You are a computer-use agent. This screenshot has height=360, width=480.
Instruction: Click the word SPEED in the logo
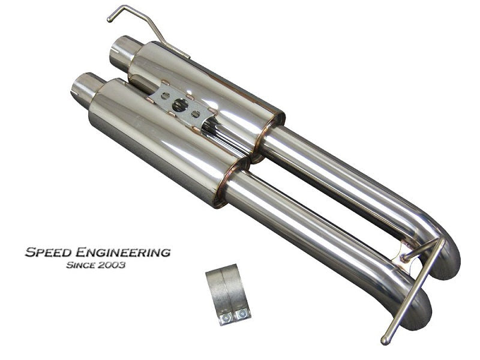49,252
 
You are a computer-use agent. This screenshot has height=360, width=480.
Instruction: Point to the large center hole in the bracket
179,106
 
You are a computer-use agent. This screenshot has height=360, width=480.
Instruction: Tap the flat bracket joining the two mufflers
180,108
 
